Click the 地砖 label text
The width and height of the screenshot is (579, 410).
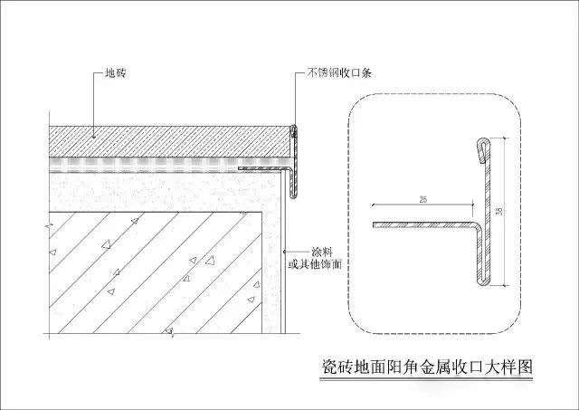(116, 72)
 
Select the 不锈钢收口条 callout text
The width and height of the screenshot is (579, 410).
(339, 72)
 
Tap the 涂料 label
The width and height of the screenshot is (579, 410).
(322, 252)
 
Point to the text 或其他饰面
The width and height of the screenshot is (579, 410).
(315, 264)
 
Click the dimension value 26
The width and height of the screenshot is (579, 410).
(423, 200)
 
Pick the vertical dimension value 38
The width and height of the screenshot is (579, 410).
(499, 211)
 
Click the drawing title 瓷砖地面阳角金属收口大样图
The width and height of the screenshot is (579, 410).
(426, 367)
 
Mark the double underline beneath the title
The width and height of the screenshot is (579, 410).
(426, 379)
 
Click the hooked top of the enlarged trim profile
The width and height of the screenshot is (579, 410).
(484, 150)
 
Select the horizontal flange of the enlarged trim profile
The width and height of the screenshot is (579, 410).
(424, 224)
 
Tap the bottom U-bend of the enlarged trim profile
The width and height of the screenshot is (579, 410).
(484, 282)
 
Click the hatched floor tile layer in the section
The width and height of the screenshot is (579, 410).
(170, 141)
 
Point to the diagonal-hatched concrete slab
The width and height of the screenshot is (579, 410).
(155, 272)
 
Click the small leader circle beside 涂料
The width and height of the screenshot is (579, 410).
(284, 252)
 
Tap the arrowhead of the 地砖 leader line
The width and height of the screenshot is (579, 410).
(94, 137)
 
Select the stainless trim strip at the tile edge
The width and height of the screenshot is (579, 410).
(292, 161)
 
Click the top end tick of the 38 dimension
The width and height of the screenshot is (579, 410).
(505, 138)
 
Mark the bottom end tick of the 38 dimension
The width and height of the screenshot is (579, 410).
(505, 285)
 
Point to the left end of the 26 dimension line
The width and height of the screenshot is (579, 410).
(374, 205)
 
